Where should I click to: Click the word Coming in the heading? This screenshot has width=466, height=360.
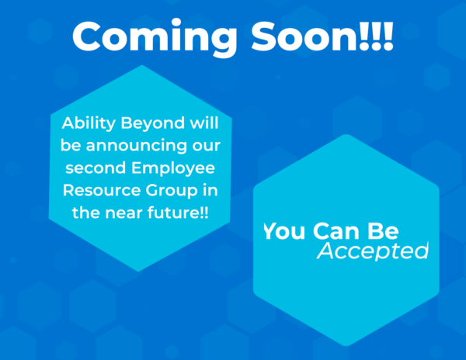coord(155,38)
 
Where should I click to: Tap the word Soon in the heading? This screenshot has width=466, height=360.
coord(305,36)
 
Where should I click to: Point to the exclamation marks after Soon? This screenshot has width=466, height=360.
coord(376,36)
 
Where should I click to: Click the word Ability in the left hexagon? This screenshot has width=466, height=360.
coord(89,123)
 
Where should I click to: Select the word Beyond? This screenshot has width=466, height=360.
coord(153,123)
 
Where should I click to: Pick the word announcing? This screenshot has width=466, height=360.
coord(136,145)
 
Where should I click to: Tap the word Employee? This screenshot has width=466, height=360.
coord(173,168)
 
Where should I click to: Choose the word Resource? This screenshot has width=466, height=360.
coord(101,191)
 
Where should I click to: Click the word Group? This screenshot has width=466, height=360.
coord(172,191)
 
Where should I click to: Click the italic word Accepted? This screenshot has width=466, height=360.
coord(373,251)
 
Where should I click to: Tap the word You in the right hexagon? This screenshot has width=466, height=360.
coord(284,231)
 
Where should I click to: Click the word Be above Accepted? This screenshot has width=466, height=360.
coord(383,231)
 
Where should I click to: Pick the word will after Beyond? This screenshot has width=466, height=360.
coord(204,123)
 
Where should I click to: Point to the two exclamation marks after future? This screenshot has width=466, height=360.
coord(203,213)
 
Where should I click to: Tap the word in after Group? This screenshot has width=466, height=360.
coord(210,190)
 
